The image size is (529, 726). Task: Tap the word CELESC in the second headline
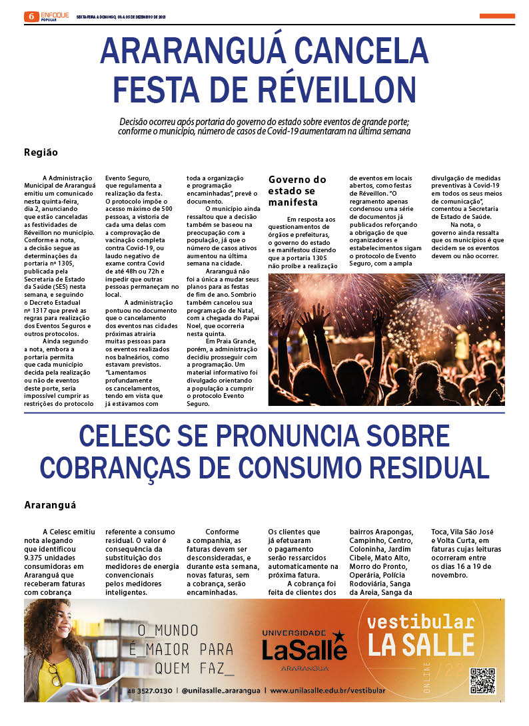pos(137,437)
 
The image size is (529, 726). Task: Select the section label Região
pos(41,152)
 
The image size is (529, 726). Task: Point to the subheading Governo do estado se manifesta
pos(297,190)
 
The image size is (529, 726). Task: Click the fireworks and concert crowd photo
pos(386,339)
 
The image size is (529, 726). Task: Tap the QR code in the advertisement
pos(482,680)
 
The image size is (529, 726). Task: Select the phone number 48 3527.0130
pos(150,691)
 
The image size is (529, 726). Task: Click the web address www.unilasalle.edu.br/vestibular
pos(327,691)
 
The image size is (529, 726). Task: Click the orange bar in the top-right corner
pos(496,16)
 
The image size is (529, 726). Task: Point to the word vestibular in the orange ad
pos(420,623)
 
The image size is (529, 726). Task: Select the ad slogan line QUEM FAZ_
pos(195,667)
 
